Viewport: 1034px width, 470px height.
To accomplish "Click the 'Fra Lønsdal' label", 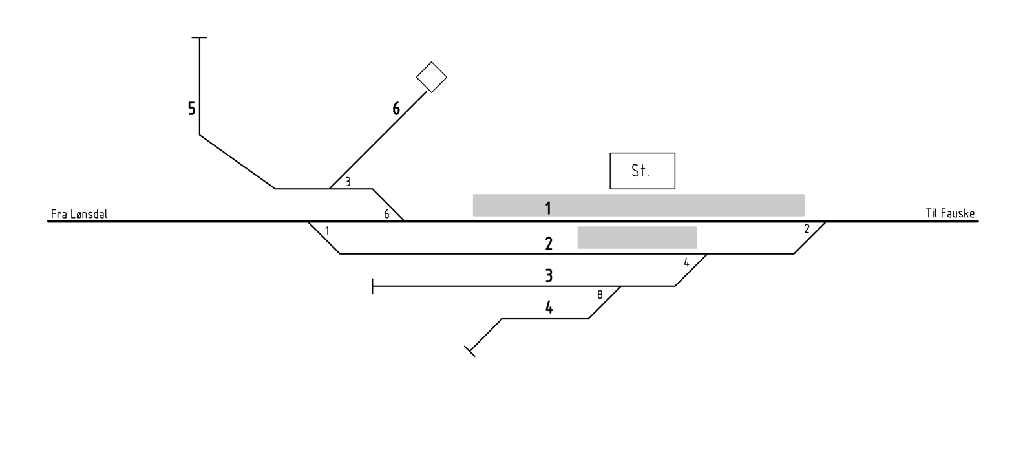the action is click(x=79, y=214).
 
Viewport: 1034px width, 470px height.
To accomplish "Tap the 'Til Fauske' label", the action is click(x=950, y=213).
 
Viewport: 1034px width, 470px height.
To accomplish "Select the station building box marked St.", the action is click(x=642, y=171).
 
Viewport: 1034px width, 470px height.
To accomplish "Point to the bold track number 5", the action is click(x=191, y=109).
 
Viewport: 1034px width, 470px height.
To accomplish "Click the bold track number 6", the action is click(x=396, y=109).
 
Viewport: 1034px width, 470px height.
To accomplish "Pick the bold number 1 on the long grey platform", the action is click(x=548, y=208).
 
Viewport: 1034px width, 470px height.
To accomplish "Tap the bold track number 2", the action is click(x=549, y=244).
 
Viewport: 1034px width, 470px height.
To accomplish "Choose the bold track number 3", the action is click(x=549, y=275).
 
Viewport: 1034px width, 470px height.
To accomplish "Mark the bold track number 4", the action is click(x=549, y=307).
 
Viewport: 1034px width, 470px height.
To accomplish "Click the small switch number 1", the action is click(x=327, y=231).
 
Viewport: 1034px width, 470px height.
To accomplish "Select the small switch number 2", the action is click(x=807, y=229).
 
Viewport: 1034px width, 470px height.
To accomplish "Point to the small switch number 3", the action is click(x=348, y=182).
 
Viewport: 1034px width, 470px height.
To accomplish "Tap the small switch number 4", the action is click(x=686, y=262).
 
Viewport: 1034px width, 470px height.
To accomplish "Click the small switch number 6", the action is click(x=387, y=214).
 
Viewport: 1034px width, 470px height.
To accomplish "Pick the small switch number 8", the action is click(x=600, y=295).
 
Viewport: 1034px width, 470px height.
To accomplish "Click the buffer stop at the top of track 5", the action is click(x=200, y=37).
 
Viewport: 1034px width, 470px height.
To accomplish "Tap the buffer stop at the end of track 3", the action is click(x=372, y=286).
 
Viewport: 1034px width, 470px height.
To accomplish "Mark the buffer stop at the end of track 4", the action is click(x=470, y=351).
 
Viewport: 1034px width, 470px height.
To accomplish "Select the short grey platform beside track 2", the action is click(x=637, y=237).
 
